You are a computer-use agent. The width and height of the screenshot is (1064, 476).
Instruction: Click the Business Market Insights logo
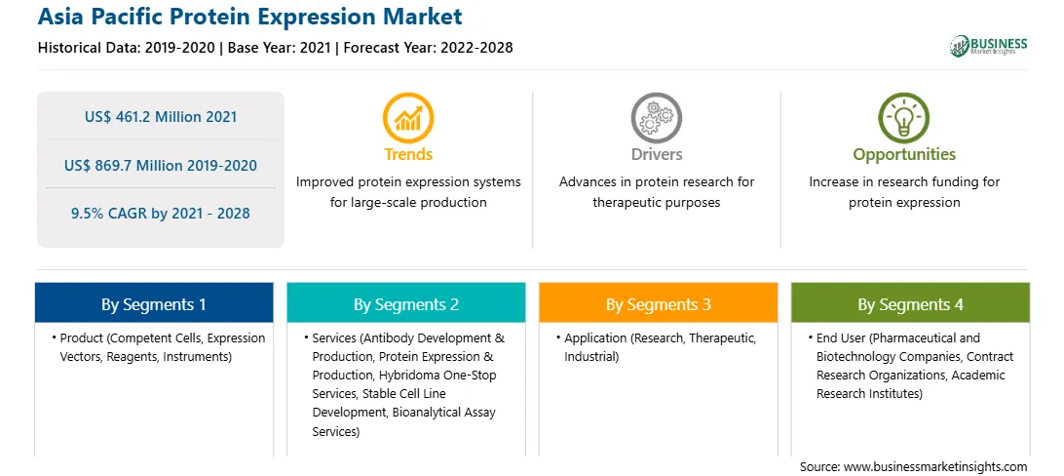tap(989, 46)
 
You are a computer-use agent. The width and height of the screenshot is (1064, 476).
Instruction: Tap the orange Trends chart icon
tap(408, 118)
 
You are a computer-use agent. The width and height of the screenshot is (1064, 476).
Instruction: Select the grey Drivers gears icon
tap(656, 118)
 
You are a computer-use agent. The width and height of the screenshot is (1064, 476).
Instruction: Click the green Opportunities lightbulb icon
tap(904, 118)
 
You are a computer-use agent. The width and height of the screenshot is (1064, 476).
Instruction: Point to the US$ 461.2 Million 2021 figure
tap(161, 116)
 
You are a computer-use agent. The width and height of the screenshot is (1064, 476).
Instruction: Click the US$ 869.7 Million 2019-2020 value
tap(161, 165)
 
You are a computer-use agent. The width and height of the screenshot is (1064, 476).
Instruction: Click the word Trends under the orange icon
tap(408, 154)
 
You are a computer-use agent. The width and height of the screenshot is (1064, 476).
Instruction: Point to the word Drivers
tap(656, 154)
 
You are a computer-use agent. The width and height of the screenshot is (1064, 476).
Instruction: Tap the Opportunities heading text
tap(904, 155)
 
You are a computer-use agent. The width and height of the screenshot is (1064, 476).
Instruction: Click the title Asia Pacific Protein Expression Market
tap(249, 16)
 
